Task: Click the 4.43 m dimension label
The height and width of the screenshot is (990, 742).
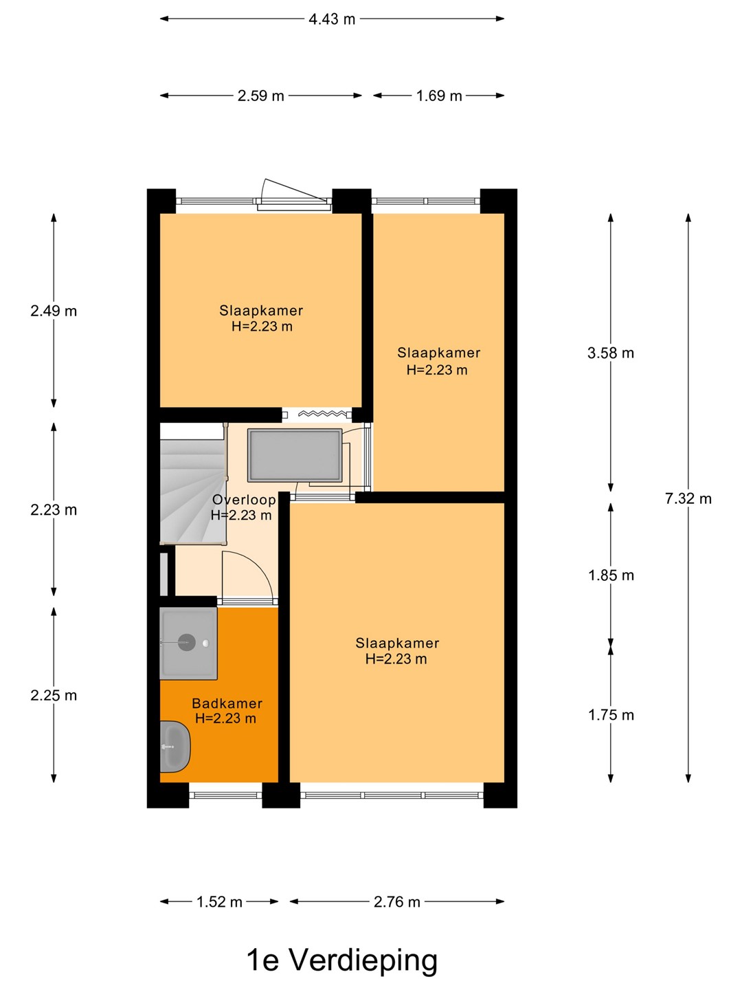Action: [x=332, y=19]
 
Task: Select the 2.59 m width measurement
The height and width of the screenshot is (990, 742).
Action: [x=261, y=96]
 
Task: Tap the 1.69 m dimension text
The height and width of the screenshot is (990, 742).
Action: [x=439, y=96]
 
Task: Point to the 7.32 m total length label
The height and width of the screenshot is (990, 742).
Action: [x=688, y=499]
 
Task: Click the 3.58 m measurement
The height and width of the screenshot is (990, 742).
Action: [x=611, y=353]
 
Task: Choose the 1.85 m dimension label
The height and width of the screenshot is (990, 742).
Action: [x=611, y=575]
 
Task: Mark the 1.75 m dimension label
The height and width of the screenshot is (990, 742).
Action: [x=611, y=715]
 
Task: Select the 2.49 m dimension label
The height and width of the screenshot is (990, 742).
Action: [x=54, y=311]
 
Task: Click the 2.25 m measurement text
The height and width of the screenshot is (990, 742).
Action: [x=54, y=696]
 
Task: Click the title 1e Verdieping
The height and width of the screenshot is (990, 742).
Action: [x=342, y=960]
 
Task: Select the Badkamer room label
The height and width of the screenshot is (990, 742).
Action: [x=227, y=703]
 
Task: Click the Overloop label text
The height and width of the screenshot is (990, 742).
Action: [x=244, y=500]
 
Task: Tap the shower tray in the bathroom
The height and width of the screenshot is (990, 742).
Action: [x=189, y=643]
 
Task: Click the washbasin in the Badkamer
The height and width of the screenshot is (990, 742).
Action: [x=175, y=747]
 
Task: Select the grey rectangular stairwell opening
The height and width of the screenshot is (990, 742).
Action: [x=295, y=456]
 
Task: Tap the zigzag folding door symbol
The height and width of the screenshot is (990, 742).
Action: [x=322, y=414]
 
